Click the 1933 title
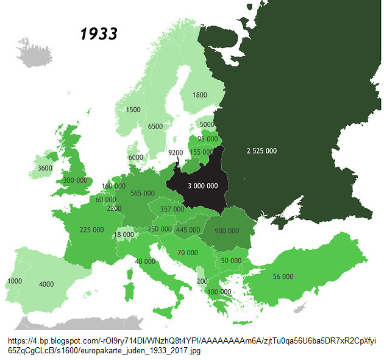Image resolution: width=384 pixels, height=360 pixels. pos(99,33)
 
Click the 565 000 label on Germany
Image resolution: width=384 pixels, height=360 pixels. pos(142,193)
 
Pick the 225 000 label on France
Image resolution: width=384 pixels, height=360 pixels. pos(91,230)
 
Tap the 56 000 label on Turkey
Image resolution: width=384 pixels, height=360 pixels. pos(283,276)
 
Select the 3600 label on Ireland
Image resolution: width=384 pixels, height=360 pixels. pos(44,168)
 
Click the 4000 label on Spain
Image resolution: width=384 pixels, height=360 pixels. pos(46,284)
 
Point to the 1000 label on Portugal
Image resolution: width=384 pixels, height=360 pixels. pos(15,281)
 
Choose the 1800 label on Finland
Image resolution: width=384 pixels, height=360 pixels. pos(199,95)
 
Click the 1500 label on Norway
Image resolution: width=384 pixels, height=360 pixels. pos(133,110)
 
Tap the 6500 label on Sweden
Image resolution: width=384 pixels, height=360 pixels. pos(155,126)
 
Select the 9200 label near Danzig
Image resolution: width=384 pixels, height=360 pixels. pos(176,153)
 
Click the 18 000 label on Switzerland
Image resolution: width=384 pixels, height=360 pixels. pos(124,235)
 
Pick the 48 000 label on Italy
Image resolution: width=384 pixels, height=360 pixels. pos(145,261)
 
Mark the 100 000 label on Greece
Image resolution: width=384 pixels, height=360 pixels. pos(219,292)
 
